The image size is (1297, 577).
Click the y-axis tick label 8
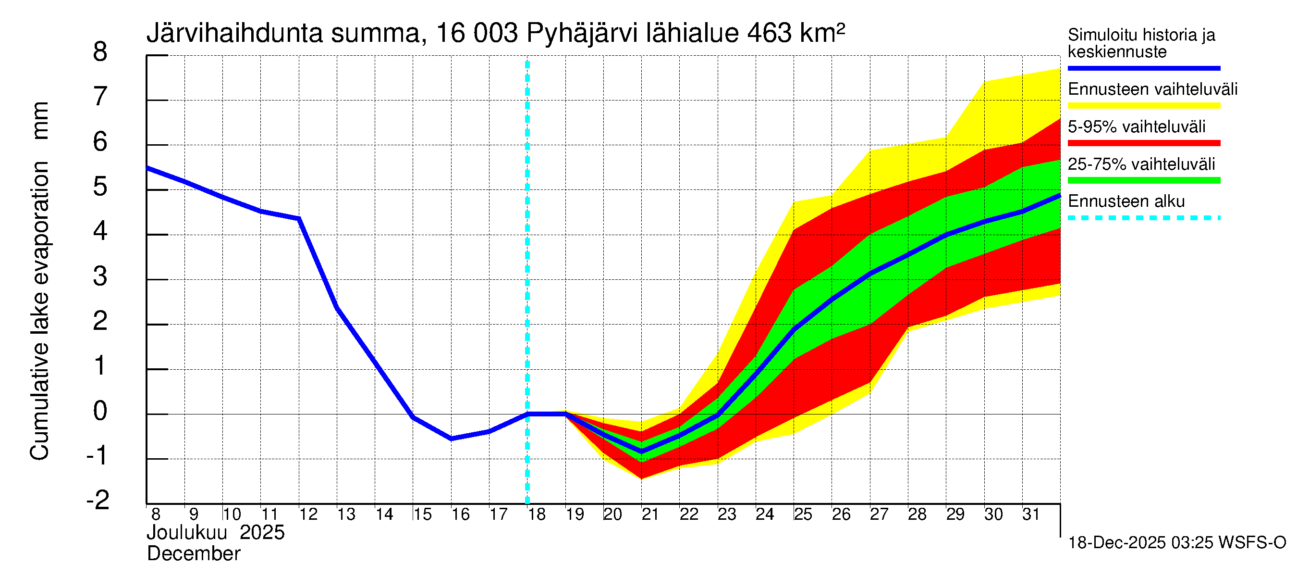100,52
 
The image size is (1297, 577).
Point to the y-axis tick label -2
98,500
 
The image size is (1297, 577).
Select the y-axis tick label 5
100,187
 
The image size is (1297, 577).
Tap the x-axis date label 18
537,514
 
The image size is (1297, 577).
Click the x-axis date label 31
1031,514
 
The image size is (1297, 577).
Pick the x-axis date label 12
308,514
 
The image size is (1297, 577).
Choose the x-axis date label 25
803,514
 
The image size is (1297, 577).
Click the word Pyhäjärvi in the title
582,34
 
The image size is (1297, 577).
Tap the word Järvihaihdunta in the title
234,34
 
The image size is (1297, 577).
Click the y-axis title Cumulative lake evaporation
40,311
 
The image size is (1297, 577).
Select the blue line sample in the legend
1143,68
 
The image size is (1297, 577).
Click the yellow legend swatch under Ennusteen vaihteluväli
1143,106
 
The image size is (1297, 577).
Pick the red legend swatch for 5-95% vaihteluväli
1143,143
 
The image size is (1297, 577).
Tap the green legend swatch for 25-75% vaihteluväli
1143,180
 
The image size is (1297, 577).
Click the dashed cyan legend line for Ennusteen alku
1143,218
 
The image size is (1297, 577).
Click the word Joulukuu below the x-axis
187,533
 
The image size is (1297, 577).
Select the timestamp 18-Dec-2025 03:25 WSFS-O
1176,543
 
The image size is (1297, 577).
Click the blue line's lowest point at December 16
451,439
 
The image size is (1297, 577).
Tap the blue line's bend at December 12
299,219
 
